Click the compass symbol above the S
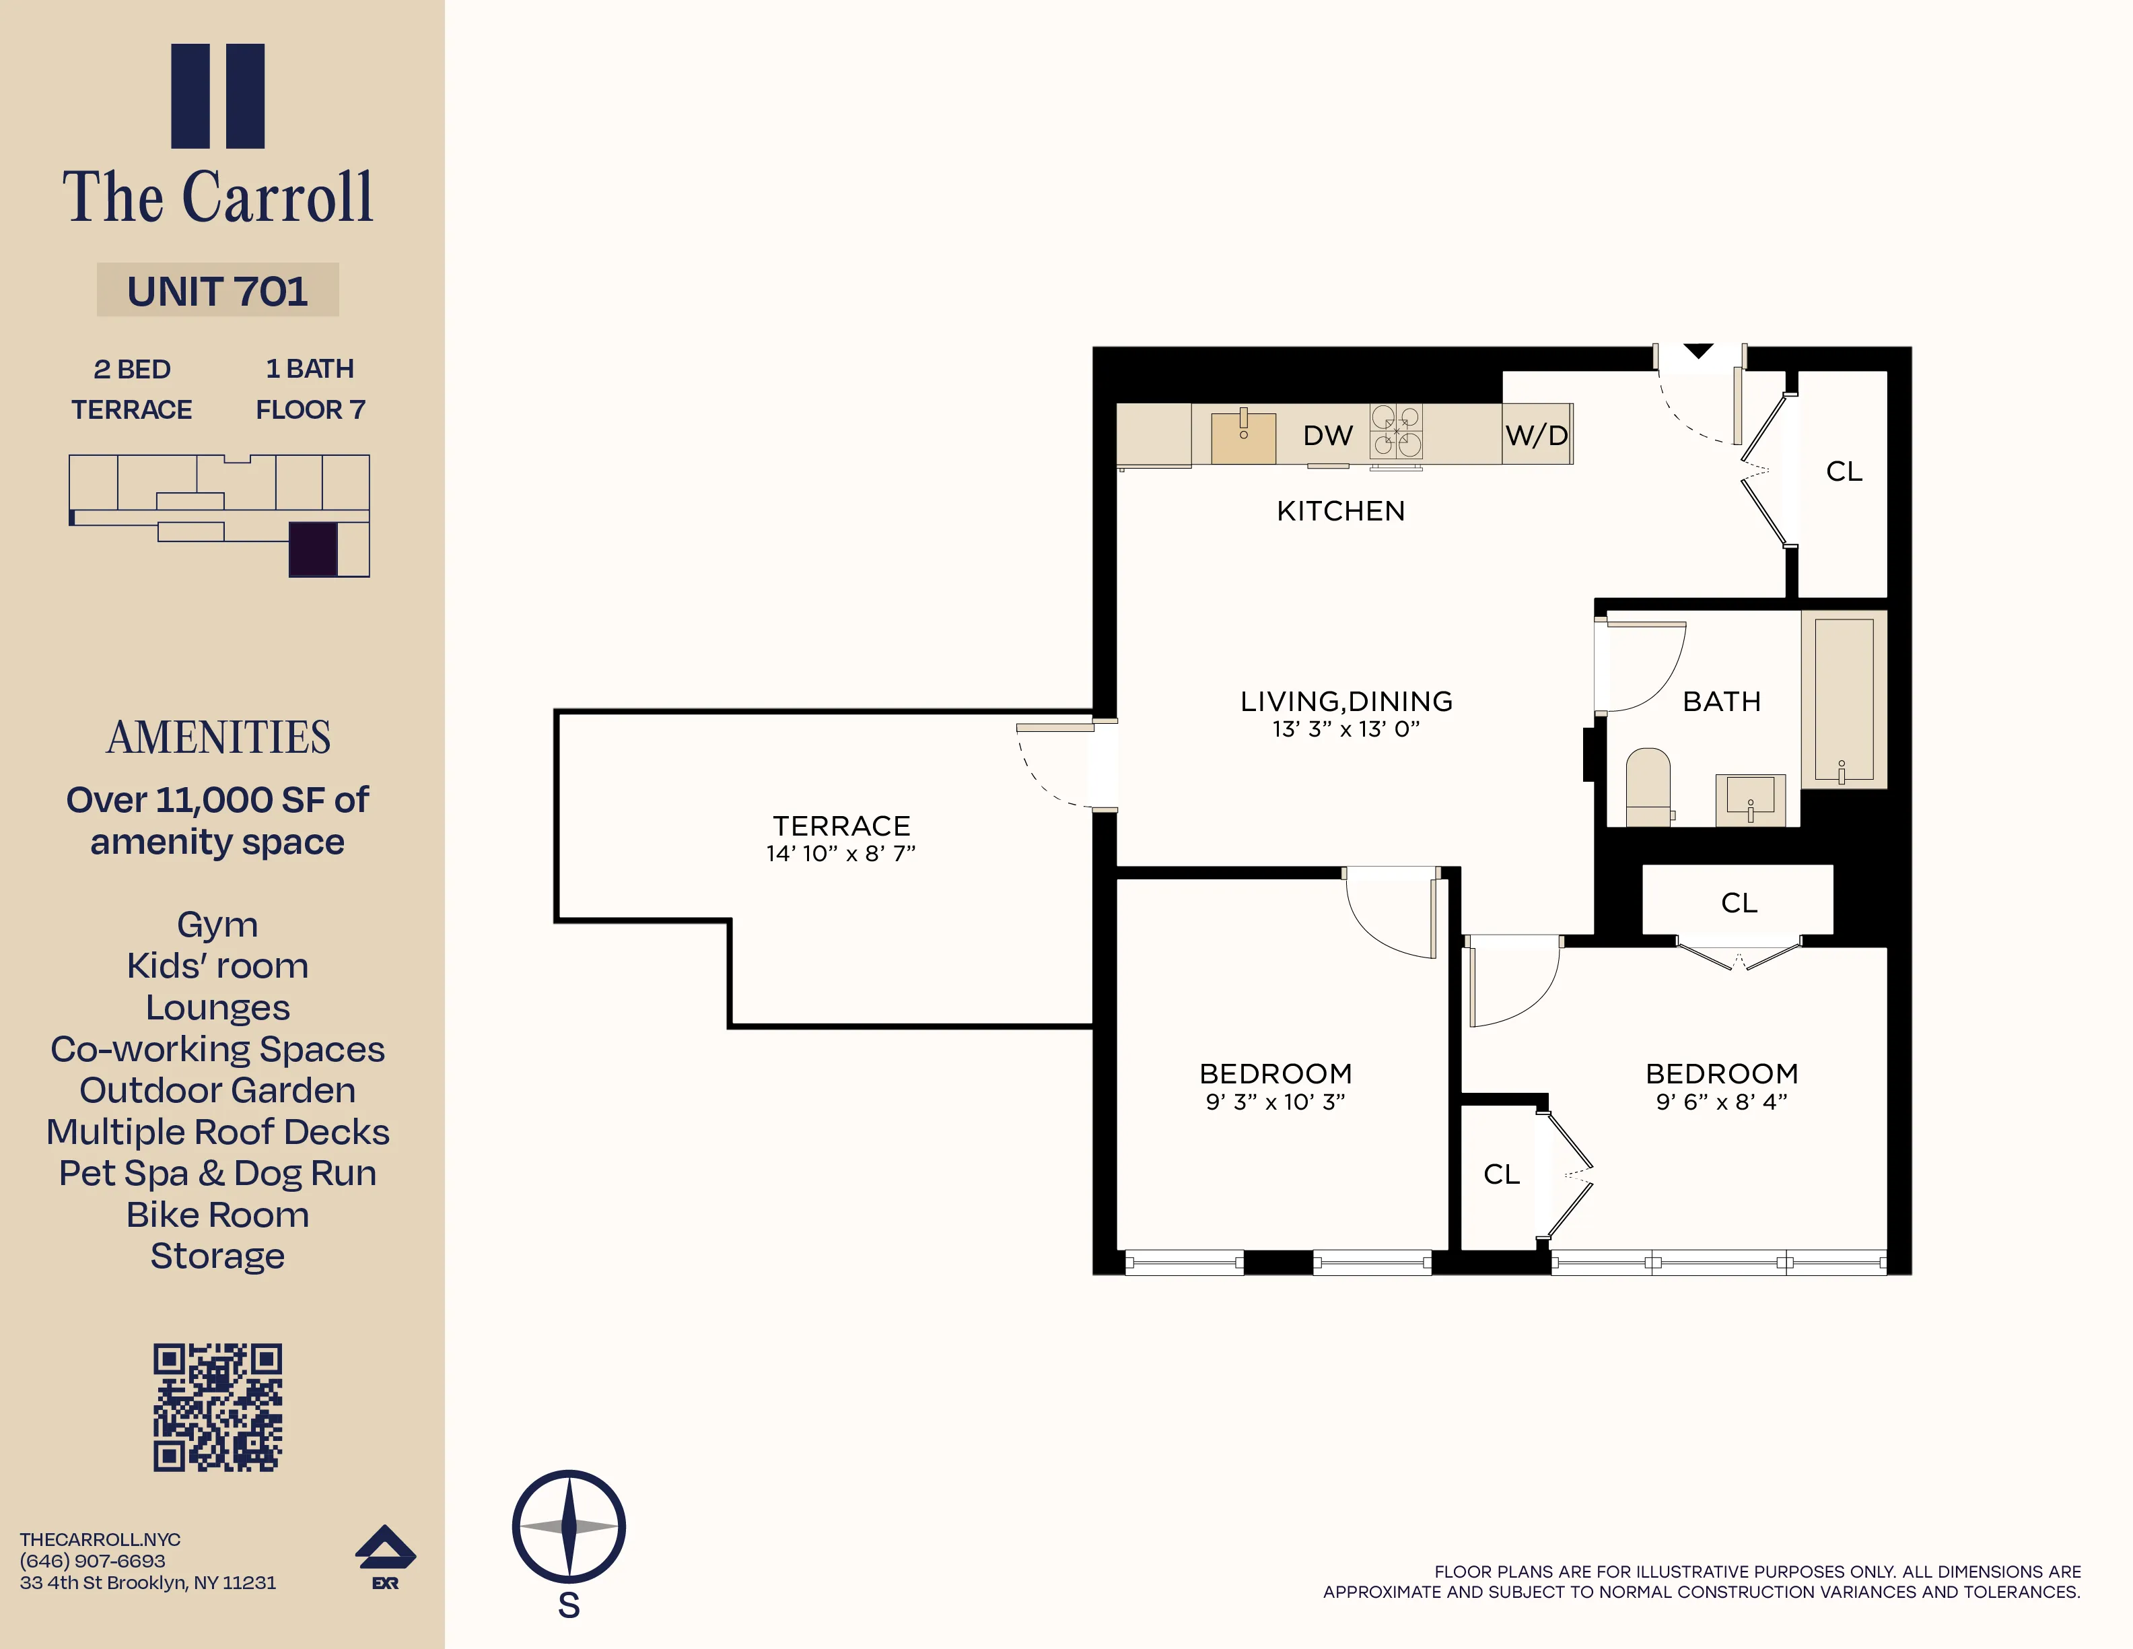(x=568, y=1526)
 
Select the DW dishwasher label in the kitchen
(x=1327, y=436)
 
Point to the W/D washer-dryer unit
(x=1536, y=435)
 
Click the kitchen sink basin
(x=1243, y=438)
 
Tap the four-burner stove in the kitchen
(x=1395, y=431)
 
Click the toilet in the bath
(x=1648, y=787)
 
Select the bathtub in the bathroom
(x=1843, y=698)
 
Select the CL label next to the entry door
(x=1844, y=472)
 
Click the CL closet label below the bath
(x=1739, y=903)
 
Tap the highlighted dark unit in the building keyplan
(x=312, y=549)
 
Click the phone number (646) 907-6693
(x=93, y=1561)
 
